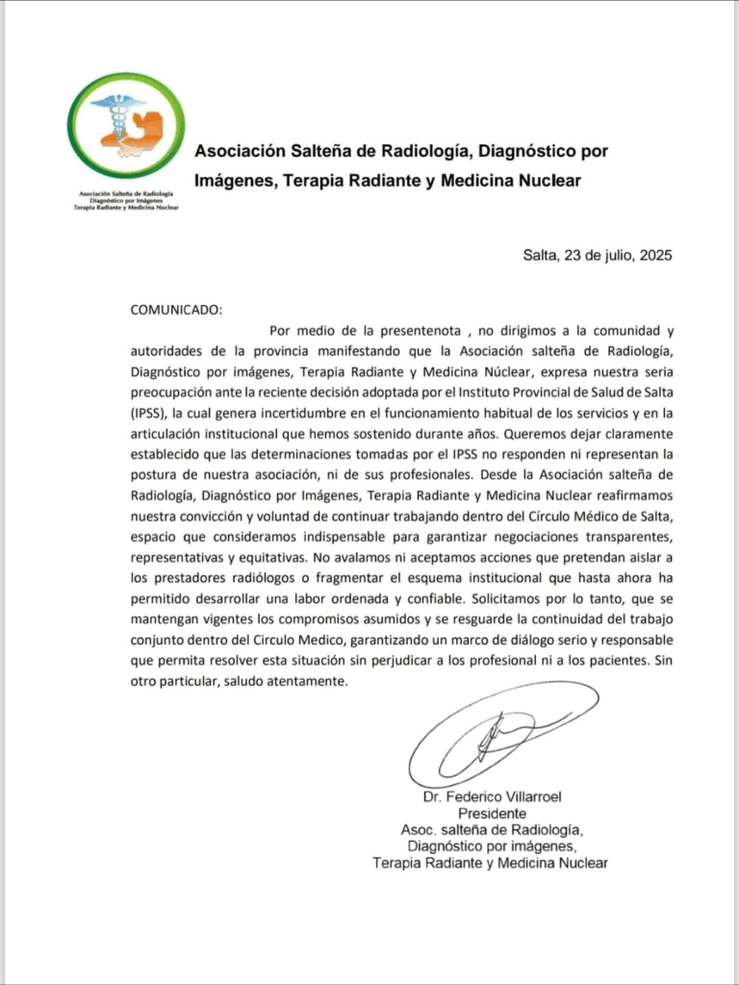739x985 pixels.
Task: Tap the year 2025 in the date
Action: point(654,256)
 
